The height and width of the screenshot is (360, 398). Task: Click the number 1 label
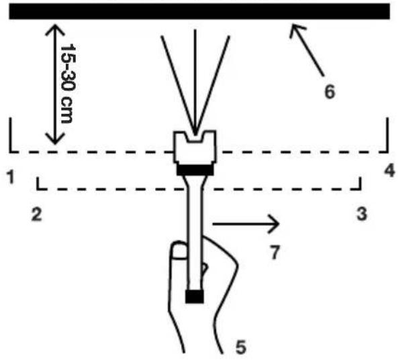coord(11,177)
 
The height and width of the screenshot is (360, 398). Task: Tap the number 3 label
coord(362,214)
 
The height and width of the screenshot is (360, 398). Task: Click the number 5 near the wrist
coord(241,347)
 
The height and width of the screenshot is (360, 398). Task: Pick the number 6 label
coord(330,91)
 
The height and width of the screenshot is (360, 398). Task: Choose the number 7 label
coord(275,252)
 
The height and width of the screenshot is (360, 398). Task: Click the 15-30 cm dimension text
coord(68,84)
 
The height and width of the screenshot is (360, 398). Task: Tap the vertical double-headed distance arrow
coord(54,84)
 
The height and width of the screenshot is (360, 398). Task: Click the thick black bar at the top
coord(199,11)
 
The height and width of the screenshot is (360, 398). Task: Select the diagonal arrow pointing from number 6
coord(307,50)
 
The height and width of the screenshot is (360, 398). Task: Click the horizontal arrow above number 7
coord(246,224)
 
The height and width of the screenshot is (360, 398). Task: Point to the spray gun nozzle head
coord(195,147)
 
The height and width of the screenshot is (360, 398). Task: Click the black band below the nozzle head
coord(195,170)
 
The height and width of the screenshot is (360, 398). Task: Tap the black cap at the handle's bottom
coord(195,296)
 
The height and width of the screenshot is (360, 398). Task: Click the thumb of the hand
coord(179,251)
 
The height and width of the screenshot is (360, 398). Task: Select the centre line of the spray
coord(195,82)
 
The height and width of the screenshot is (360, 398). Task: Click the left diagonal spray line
coord(178,84)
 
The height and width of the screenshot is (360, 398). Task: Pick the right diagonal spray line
coord(213,84)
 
